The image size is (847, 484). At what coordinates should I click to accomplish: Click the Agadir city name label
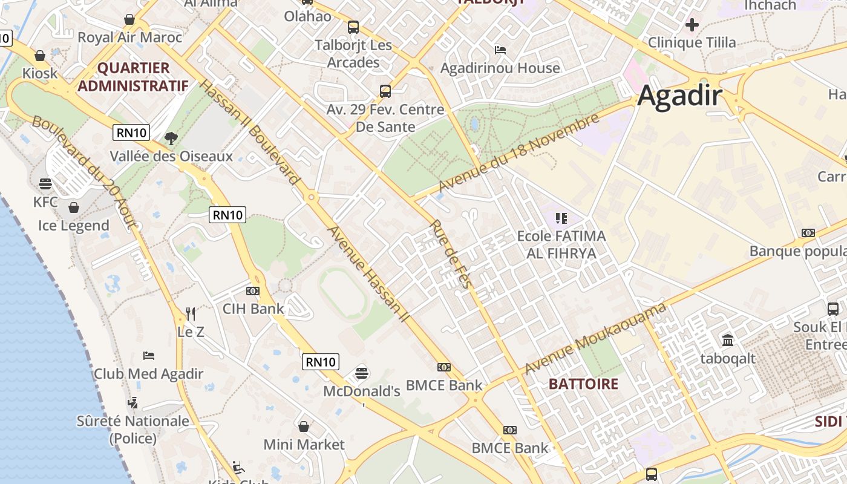pyautogui.click(x=679, y=96)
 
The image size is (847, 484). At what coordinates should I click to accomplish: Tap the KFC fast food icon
pyautogui.click(x=45, y=183)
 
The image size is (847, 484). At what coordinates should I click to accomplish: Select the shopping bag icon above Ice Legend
pyautogui.click(x=74, y=208)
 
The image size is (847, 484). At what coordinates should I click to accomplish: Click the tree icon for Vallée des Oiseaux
pyautogui.click(x=171, y=138)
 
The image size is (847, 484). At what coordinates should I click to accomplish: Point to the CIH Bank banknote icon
pyautogui.click(x=253, y=291)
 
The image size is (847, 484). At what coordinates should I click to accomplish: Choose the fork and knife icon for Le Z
pyautogui.click(x=191, y=313)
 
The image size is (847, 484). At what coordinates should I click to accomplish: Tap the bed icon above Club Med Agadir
pyautogui.click(x=149, y=355)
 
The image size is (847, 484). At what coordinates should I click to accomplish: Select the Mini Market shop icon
pyautogui.click(x=304, y=427)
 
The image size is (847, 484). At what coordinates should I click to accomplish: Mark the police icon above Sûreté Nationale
pyautogui.click(x=132, y=402)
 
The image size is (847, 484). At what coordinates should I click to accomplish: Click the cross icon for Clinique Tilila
pyautogui.click(x=692, y=25)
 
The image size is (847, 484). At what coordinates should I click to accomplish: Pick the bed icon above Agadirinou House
pyautogui.click(x=500, y=50)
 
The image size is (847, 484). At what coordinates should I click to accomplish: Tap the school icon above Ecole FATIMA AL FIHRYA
pyautogui.click(x=561, y=218)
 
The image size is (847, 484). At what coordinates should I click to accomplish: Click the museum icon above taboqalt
pyautogui.click(x=728, y=340)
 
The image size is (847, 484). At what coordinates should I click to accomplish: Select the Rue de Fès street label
pyautogui.click(x=451, y=253)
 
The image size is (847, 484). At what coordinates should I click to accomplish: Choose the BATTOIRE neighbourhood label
pyautogui.click(x=583, y=384)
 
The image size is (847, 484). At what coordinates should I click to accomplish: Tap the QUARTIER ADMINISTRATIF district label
pyautogui.click(x=132, y=77)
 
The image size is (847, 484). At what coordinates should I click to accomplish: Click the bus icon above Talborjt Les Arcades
pyautogui.click(x=353, y=27)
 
